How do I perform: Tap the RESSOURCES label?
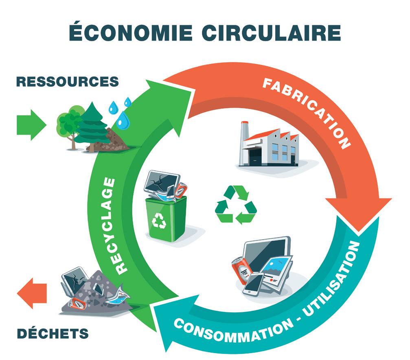(67, 81)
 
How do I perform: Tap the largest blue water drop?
(123, 120)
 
